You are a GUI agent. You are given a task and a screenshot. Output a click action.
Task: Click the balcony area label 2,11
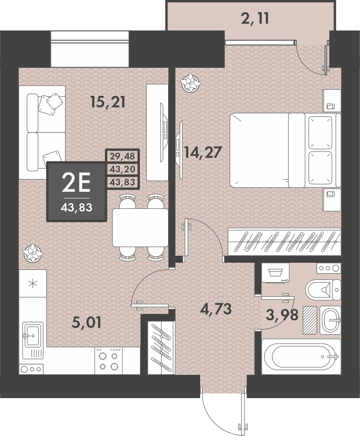(255, 19)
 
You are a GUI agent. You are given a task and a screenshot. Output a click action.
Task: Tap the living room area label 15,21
(108, 102)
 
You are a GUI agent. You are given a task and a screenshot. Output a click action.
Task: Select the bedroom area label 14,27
(203, 152)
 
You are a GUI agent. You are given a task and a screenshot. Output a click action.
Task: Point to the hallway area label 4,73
(216, 309)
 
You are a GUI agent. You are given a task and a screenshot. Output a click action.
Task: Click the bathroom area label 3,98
(282, 315)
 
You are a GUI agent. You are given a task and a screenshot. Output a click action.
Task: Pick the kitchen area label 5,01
(86, 322)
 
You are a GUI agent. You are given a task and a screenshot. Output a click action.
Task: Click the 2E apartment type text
(76, 183)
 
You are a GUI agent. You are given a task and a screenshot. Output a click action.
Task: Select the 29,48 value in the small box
(122, 156)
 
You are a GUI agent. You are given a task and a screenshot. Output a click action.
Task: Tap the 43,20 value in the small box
(122, 169)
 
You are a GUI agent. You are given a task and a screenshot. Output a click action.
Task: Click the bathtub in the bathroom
(301, 356)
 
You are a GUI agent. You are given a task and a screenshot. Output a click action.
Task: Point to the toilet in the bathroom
(323, 290)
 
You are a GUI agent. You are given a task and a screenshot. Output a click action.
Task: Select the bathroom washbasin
(330, 320)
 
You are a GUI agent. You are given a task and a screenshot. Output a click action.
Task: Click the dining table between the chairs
(140, 228)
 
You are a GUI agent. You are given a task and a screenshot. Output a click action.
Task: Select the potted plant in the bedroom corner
(190, 82)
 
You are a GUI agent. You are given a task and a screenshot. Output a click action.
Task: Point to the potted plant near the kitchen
(33, 253)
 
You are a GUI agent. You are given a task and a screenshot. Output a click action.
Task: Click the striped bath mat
(309, 320)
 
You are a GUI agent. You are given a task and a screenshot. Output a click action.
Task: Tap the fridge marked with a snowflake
(32, 283)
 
